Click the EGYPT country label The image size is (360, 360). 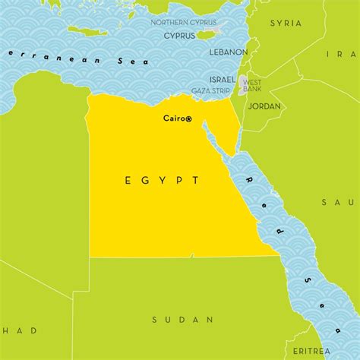click(x=162, y=181)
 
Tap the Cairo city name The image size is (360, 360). click(x=174, y=118)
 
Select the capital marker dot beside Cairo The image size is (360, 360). click(x=189, y=119)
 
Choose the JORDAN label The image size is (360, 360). click(x=264, y=106)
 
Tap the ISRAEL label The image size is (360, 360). click(x=222, y=80)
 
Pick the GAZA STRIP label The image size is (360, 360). click(x=211, y=90)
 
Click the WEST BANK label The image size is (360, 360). click(x=253, y=85)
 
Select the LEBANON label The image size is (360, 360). click(x=230, y=52)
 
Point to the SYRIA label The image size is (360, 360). click(x=286, y=24)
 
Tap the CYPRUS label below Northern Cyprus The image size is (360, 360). click(x=180, y=36)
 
